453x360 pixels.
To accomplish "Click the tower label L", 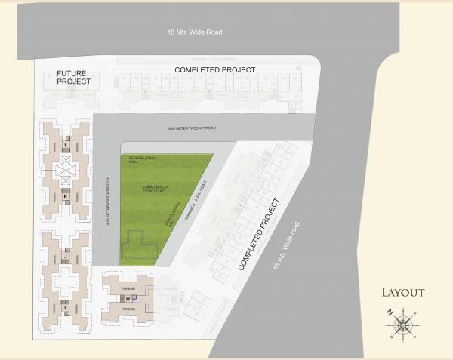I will (x=66, y=144).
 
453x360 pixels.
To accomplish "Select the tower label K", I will (x=66, y=198).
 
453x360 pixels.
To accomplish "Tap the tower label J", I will (x=66, y=257).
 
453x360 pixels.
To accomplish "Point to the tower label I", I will (x=66, y=308).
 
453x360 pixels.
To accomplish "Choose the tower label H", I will (x=128, y=299).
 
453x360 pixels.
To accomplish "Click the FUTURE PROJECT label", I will (x=74, y=77).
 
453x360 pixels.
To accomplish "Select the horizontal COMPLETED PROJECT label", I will (x=215, y=69).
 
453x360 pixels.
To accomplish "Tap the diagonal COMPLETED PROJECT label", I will (x=259, y=235).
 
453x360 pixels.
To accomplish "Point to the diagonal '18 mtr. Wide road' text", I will (x=287, y=245).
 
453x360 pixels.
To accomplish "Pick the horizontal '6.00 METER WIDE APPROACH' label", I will (x=191, y=129).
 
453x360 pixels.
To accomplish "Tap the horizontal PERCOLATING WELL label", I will (x=141, y=158).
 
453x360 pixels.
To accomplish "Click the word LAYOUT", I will (x=402, y=293).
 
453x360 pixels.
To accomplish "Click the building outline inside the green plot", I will (x=140, y=242).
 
